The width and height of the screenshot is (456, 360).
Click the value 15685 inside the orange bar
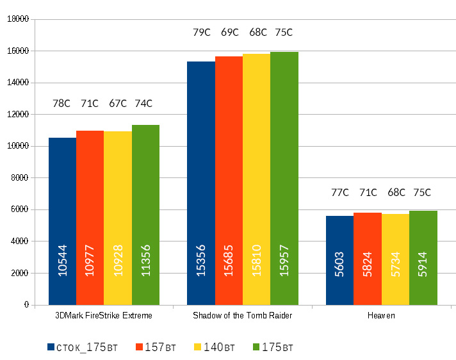tap(229, 261)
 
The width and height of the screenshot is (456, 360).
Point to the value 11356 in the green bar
tap(145, 261)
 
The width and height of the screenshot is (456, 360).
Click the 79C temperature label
tap(201, 32)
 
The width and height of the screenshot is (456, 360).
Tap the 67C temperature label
tap(117, 103)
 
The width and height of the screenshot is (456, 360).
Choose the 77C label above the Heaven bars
tap(339, 192)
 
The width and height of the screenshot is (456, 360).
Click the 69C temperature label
tap(229, 32)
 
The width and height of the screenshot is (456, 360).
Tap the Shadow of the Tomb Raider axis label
tap(242, 316)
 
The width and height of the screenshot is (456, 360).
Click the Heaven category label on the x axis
tap(381, 316)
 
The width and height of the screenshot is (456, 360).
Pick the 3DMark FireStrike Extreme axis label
tap(104, 316)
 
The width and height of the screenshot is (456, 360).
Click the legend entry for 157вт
tap(156, 347)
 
